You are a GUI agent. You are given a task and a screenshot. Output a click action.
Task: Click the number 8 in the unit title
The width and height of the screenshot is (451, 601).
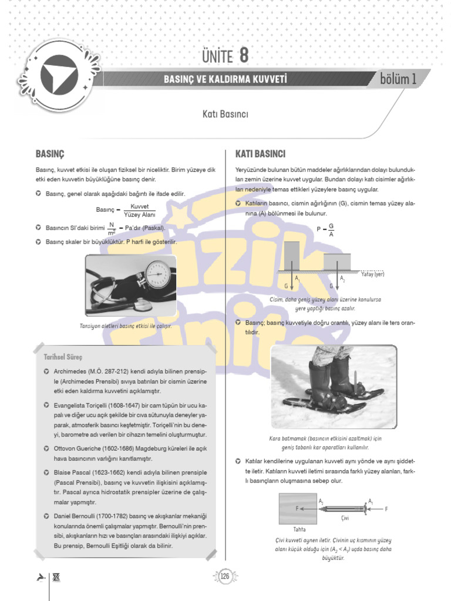point(244,56)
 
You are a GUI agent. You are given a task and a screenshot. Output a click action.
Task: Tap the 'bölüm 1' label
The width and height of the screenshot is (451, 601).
point(398,79)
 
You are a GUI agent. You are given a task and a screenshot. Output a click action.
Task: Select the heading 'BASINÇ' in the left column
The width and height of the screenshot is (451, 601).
point(50,154)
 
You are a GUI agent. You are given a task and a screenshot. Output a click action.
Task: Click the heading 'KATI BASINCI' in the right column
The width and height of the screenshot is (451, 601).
point(260,154)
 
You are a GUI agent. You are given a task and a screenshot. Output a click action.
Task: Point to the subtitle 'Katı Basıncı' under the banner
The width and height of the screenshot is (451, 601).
point(225,114)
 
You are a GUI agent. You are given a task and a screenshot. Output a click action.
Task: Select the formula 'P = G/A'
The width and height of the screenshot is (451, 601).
point(325,229)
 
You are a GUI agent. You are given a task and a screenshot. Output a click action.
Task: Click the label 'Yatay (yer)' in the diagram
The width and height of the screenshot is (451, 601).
point(372,274)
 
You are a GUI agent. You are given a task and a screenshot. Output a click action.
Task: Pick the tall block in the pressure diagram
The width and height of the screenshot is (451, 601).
point(292,255)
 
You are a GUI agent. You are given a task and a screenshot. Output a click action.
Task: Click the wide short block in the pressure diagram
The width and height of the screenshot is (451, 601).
point(338,262)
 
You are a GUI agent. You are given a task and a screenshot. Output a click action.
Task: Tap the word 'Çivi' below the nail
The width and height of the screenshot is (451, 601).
point(345,519)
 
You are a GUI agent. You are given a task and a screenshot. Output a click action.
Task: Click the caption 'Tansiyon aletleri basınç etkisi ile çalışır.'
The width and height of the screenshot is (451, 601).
point(130,326)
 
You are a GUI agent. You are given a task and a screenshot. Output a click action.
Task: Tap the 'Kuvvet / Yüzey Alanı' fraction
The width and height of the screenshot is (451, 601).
point(139,211)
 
